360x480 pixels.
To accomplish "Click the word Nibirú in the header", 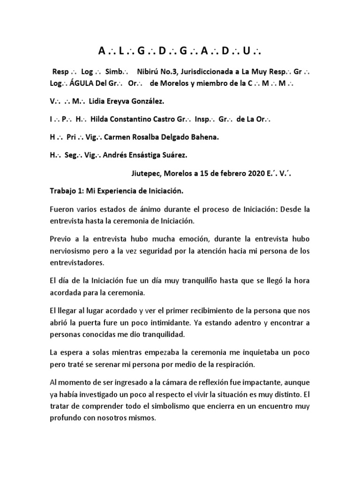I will (150, 73).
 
